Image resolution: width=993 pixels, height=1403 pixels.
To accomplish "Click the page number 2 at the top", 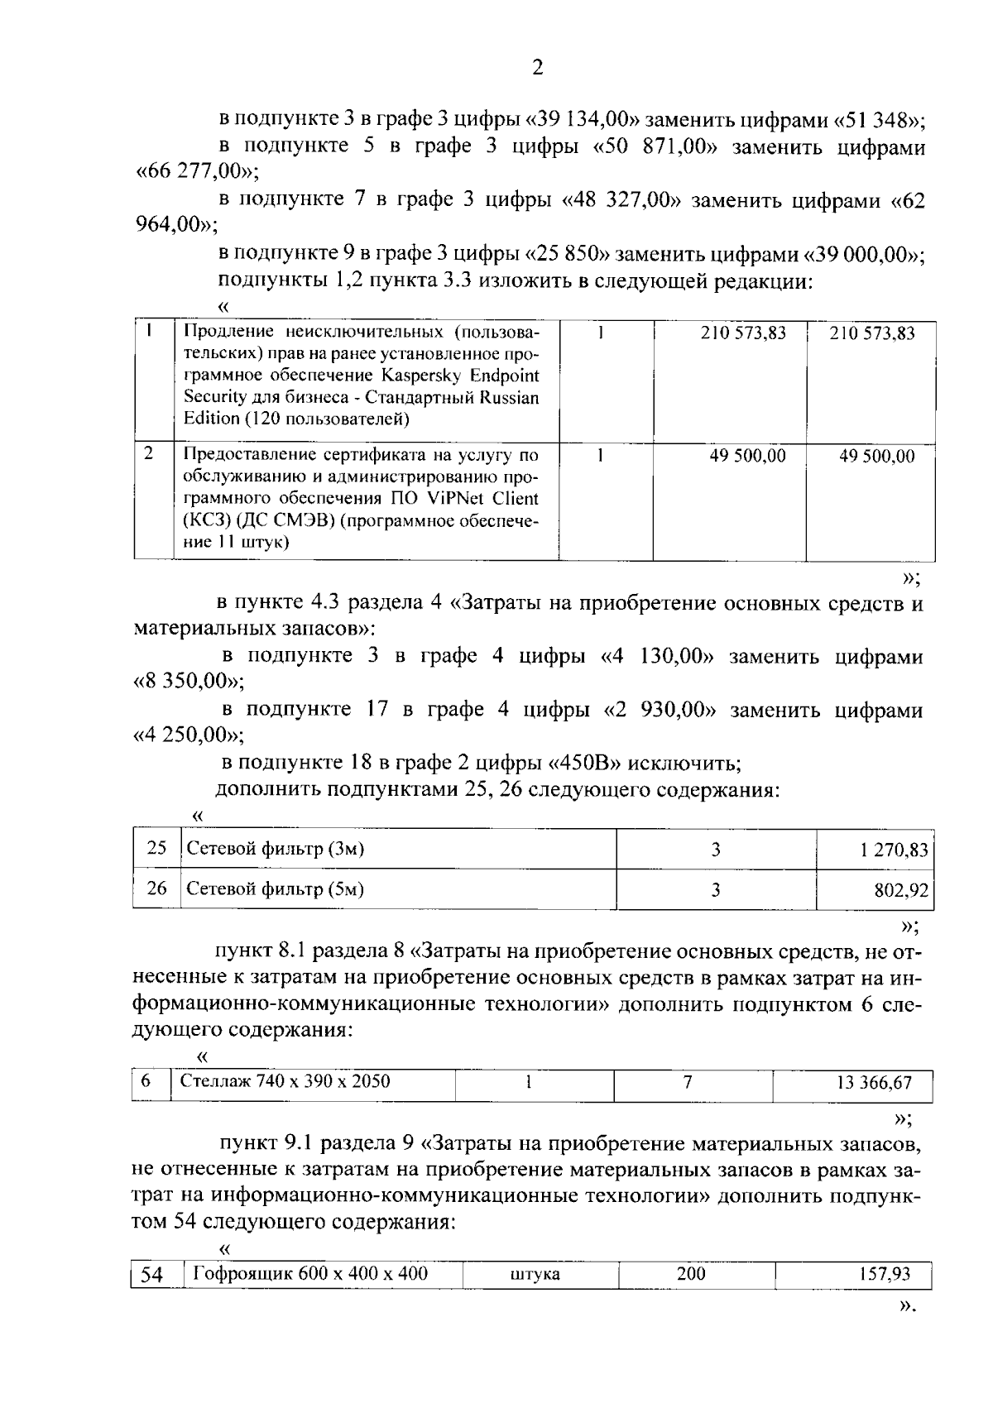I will tap(537, 68).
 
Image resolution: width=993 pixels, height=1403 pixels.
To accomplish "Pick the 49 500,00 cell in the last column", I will tap(876, 456).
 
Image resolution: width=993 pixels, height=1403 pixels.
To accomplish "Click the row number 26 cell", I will tap(156, 889).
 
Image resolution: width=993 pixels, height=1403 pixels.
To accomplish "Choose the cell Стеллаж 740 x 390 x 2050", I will tap(285, 1081).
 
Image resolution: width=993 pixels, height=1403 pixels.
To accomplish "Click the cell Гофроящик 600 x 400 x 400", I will tap(309, 1273).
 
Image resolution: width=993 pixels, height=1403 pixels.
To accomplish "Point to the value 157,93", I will tap(884, 1274).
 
